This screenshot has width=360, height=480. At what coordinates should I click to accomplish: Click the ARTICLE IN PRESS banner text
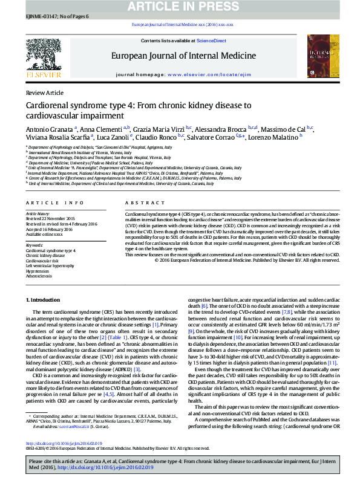click(x=180, y=7)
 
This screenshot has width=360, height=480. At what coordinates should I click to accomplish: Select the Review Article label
click(x=44, y=92)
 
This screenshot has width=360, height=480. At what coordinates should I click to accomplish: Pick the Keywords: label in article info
click(x=34, y=244)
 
